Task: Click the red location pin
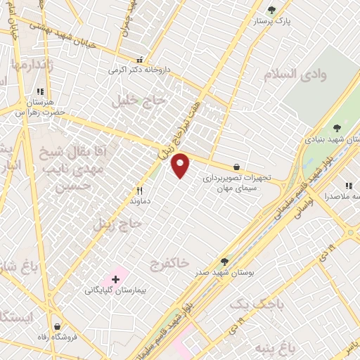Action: (181, 165)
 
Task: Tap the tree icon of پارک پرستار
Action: (272, 10)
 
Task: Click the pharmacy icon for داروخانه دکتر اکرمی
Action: (139, 60)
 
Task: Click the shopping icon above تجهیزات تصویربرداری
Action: (236, 167)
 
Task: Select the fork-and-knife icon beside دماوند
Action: (140, 190)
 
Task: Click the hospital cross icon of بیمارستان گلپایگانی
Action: (116, 280)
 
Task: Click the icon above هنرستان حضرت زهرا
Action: (40, 91)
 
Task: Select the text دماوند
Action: (141, 200)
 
